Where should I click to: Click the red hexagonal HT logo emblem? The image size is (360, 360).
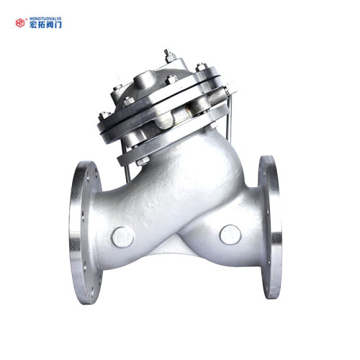pyautogui.click(x=20, y=23)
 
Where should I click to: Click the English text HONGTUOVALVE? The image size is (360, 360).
pyautogui.click(x=45, y=19)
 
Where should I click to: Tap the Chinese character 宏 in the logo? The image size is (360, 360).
pyautogui.click(x=33, y=24)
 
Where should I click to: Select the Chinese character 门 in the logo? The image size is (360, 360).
pyautogui.click(x=58, y=24)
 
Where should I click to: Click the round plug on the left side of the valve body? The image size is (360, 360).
pyautogui.click(x=122, y=237)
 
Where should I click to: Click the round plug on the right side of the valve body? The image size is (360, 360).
pyautogui.click(x=230, y=235)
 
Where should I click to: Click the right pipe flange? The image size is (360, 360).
pyautogui.click(x=270, y=227)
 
